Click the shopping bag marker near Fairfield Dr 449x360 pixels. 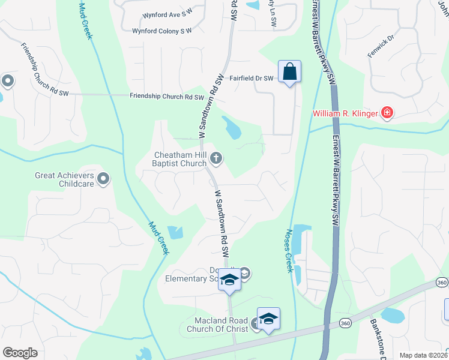[289, 73]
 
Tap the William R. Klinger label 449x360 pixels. [345, 113]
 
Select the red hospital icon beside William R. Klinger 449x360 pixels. [387, 113]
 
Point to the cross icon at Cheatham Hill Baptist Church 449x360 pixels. [216, 158]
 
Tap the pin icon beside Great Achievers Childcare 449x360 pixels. [103, 178]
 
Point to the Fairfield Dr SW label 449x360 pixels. [252, 79]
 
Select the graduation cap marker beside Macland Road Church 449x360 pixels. [268, 319]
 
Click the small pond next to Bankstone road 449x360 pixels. [392, 315]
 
